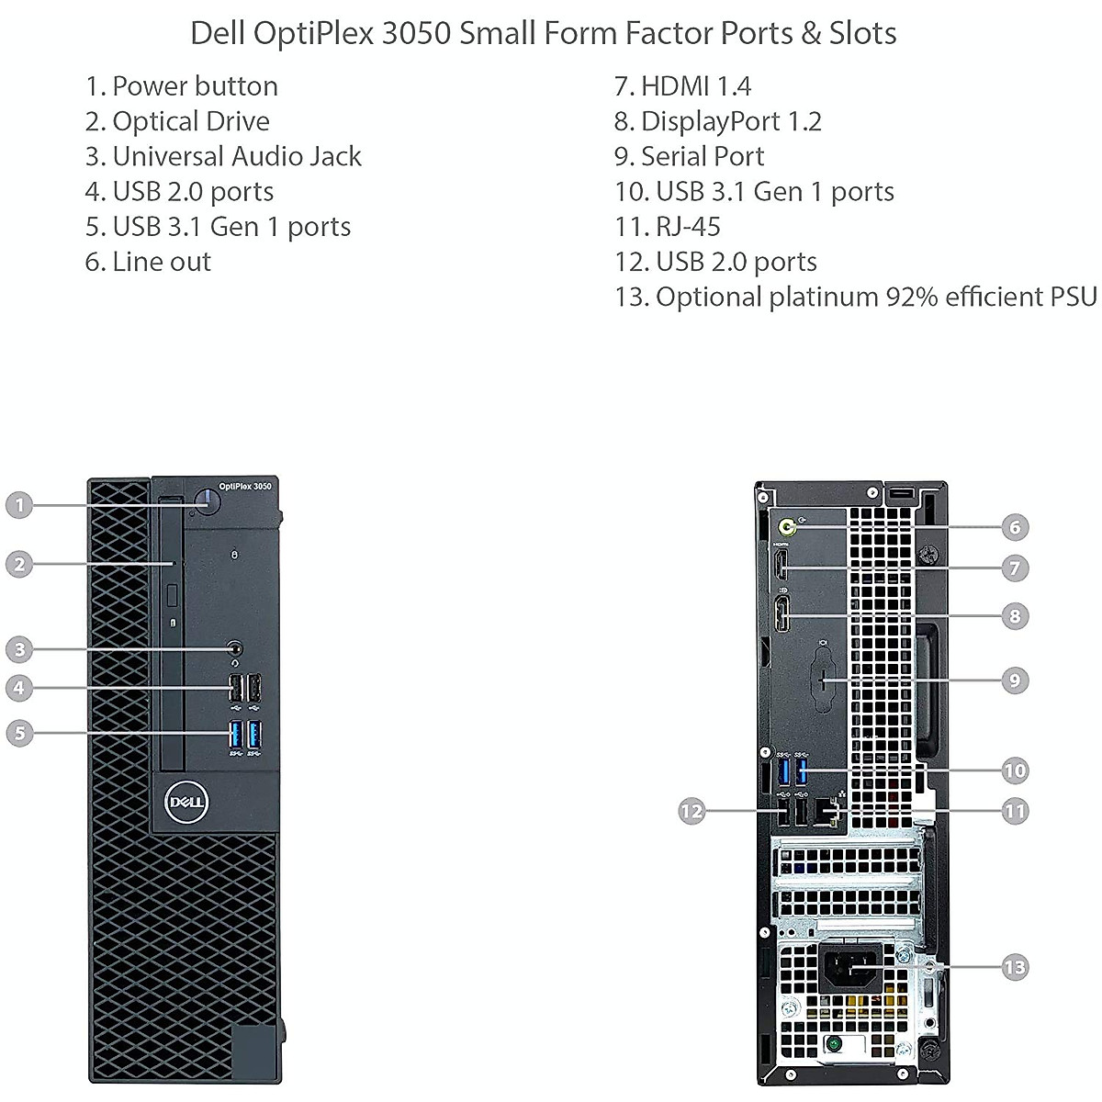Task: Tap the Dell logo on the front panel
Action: click(186, 802)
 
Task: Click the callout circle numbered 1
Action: click(19, 504)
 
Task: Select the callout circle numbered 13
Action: click(1015, 967)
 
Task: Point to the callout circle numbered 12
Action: click(691, 811)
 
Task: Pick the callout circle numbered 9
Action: click(1015, 680)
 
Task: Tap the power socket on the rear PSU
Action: click(853, 967)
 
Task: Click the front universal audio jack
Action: click(236, 650)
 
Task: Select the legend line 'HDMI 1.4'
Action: click(682, 86)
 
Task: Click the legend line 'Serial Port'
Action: click(689, 156)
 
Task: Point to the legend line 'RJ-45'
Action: click(668, 227)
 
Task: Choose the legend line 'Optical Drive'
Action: click(177, 121)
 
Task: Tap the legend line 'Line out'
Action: click(148, 262)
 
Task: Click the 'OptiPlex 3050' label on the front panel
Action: click(245, 487)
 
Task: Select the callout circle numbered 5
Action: click(19, 733)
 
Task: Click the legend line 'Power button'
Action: click(181, 86)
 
